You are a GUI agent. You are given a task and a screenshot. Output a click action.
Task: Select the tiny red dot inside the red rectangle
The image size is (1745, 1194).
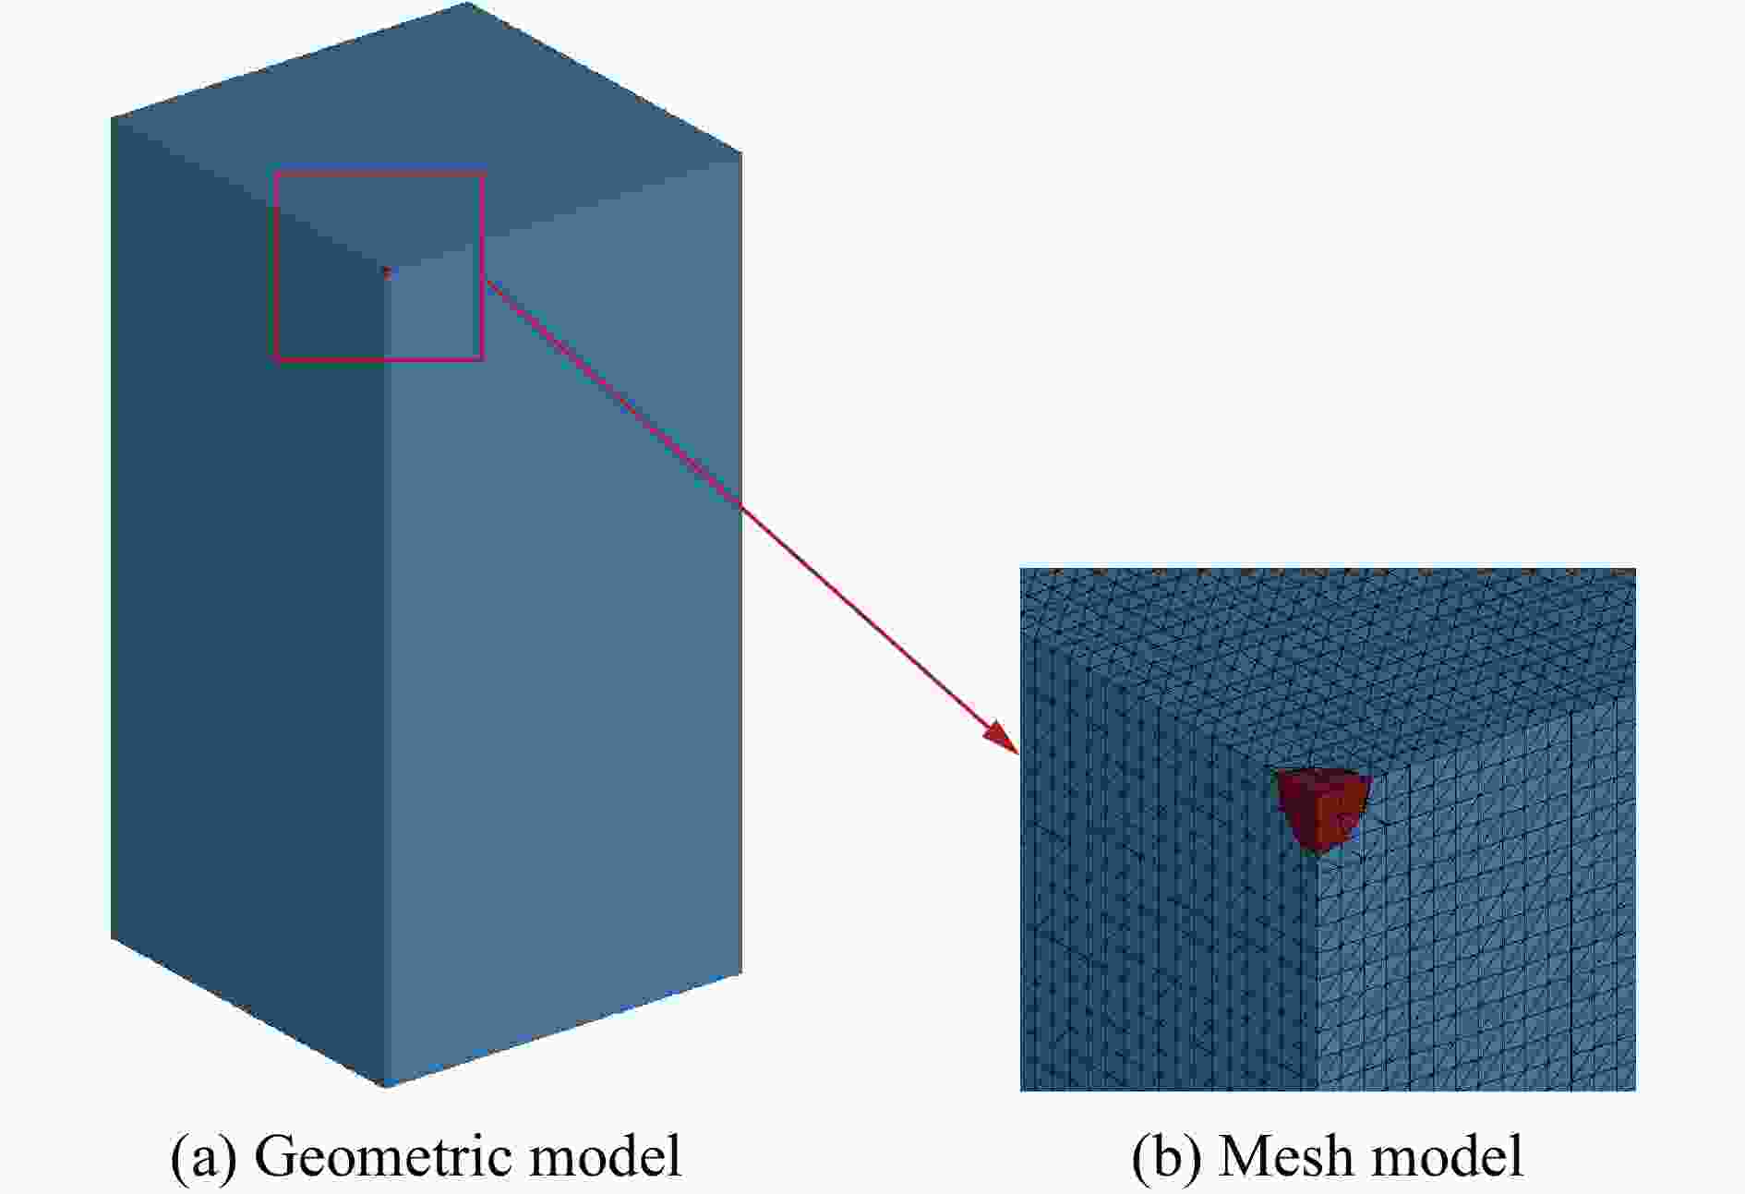point(387,271)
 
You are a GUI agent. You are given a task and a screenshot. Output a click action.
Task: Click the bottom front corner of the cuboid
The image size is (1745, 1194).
point(385,1086)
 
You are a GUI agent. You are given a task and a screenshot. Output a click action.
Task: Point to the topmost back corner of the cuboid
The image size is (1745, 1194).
point(467,3)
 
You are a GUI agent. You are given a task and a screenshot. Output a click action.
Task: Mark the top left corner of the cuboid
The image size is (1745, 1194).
point(112,118)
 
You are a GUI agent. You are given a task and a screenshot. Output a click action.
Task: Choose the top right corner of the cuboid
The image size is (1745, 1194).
point(741,153)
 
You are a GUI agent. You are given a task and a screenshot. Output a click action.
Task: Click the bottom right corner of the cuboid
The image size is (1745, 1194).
point(741,972)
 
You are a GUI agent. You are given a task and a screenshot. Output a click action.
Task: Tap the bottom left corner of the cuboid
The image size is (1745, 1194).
point(112,938)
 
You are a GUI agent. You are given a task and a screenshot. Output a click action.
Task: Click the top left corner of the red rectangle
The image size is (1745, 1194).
point(275,173)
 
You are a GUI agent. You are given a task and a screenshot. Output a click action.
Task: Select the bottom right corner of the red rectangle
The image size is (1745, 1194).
point(483,358)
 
